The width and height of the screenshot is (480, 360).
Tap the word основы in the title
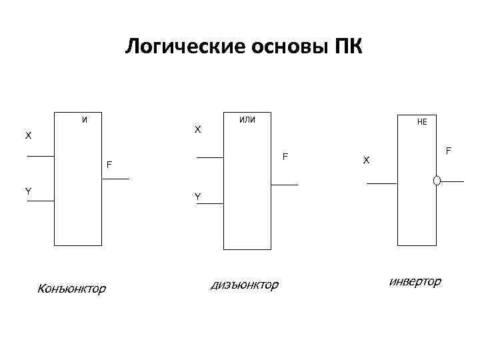[270, 48]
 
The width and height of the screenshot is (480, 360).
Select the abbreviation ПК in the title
[345, 48]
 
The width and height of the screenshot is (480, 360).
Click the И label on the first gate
[83, 120]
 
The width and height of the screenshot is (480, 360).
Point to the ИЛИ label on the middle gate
[247, 120]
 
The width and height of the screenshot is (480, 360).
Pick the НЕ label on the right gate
[423, 123]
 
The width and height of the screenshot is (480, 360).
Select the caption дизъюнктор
[244, 285]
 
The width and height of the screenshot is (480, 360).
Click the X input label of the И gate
[28, 136]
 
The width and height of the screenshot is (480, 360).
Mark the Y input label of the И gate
[28, 191]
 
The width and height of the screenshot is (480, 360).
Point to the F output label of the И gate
[109, 164]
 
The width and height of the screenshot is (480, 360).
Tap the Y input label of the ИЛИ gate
[197, 197]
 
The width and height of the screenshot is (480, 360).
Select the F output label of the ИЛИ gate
[285, 157]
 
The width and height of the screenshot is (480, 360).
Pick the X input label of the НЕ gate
[365, 160]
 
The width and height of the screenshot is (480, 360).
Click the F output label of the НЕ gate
[449, 151]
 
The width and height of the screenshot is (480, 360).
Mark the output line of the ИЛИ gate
[285, 185]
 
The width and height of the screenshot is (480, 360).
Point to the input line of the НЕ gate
[382, 183]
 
